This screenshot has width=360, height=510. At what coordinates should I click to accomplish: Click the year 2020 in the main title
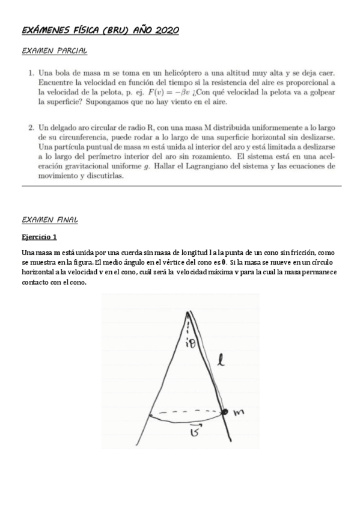pyautogui.click(x=166, y=30)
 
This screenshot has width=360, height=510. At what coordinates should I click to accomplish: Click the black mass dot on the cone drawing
pyautogui.click(x=225, y=412)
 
